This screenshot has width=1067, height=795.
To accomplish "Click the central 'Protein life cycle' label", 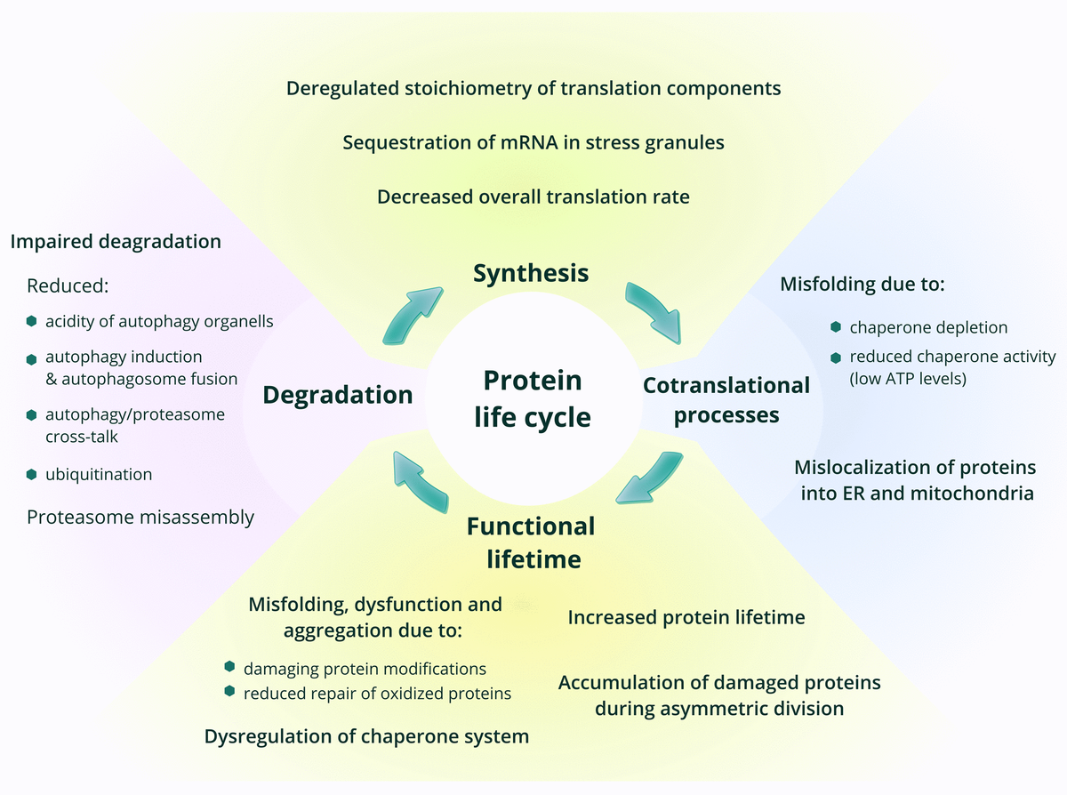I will point(532,398).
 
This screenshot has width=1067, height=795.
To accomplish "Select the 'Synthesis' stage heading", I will point(530,273).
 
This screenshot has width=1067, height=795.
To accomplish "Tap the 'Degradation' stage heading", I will point(338,395).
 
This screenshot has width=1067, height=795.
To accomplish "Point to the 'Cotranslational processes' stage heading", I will point(726,400).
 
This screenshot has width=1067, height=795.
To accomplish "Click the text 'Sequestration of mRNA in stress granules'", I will point(533,143).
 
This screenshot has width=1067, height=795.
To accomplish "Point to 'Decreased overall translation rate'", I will point(533,197).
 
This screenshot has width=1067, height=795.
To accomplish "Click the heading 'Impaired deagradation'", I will point(116,241).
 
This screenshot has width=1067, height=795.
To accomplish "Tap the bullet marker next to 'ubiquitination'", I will point(32,474).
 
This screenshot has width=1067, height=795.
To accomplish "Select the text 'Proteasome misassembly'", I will point(140,517).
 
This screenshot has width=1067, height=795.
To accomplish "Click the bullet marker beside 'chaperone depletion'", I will point(836,327).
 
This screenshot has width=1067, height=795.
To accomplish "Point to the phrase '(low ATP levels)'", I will point(907,378).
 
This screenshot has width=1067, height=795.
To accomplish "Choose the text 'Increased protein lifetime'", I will point(686,617).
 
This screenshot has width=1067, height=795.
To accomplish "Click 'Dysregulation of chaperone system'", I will point(366,736).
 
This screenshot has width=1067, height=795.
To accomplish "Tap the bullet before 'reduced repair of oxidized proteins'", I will point(230,692).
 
